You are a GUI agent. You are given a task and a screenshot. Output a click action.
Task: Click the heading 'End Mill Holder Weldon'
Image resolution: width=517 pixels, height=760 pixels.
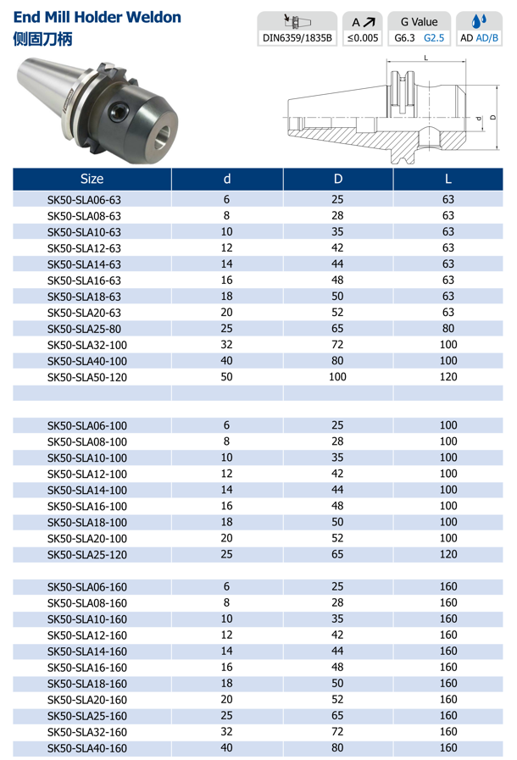[97, 17]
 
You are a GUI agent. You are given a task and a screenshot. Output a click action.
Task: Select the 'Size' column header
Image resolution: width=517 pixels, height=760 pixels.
[92, 180]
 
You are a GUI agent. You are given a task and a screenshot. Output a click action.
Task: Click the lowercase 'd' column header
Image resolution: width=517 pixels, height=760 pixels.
[226, 180]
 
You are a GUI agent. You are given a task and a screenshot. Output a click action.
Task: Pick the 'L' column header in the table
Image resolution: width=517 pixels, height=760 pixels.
[448, 180]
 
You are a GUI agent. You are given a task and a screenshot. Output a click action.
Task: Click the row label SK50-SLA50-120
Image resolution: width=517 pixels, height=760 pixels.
[86, 377]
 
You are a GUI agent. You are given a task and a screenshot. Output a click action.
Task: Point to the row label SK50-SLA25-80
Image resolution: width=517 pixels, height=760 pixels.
[84, 329]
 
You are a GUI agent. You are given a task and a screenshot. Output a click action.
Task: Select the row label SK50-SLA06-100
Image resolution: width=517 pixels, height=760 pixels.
[86, 425]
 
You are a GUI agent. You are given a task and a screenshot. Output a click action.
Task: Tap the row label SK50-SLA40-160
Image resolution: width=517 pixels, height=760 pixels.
[86, 748]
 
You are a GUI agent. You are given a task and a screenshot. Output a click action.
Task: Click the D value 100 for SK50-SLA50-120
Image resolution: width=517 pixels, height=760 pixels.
[337, 377]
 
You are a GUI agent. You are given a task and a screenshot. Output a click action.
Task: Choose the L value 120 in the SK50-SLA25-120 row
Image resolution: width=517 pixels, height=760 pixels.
[448, 554]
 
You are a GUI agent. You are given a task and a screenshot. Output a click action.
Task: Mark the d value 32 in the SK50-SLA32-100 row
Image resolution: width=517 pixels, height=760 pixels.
[226, 345]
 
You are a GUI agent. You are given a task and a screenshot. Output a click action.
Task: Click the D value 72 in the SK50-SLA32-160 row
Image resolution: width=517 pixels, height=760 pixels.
[337, 732]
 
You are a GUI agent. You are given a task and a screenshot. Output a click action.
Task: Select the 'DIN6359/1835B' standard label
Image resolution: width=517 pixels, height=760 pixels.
[298, 39]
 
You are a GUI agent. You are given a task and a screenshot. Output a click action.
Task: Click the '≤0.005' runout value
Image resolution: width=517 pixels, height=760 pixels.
[363, 39]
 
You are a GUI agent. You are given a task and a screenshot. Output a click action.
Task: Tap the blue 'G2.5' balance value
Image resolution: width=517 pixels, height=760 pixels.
[434, 39]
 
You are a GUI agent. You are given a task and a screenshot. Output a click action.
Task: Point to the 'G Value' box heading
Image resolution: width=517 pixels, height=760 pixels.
[419, 22]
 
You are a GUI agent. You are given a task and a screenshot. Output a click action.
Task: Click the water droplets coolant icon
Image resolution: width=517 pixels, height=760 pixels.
[478, 21]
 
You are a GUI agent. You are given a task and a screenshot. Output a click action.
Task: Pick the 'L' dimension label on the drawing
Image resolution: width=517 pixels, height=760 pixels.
[425, 58]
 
